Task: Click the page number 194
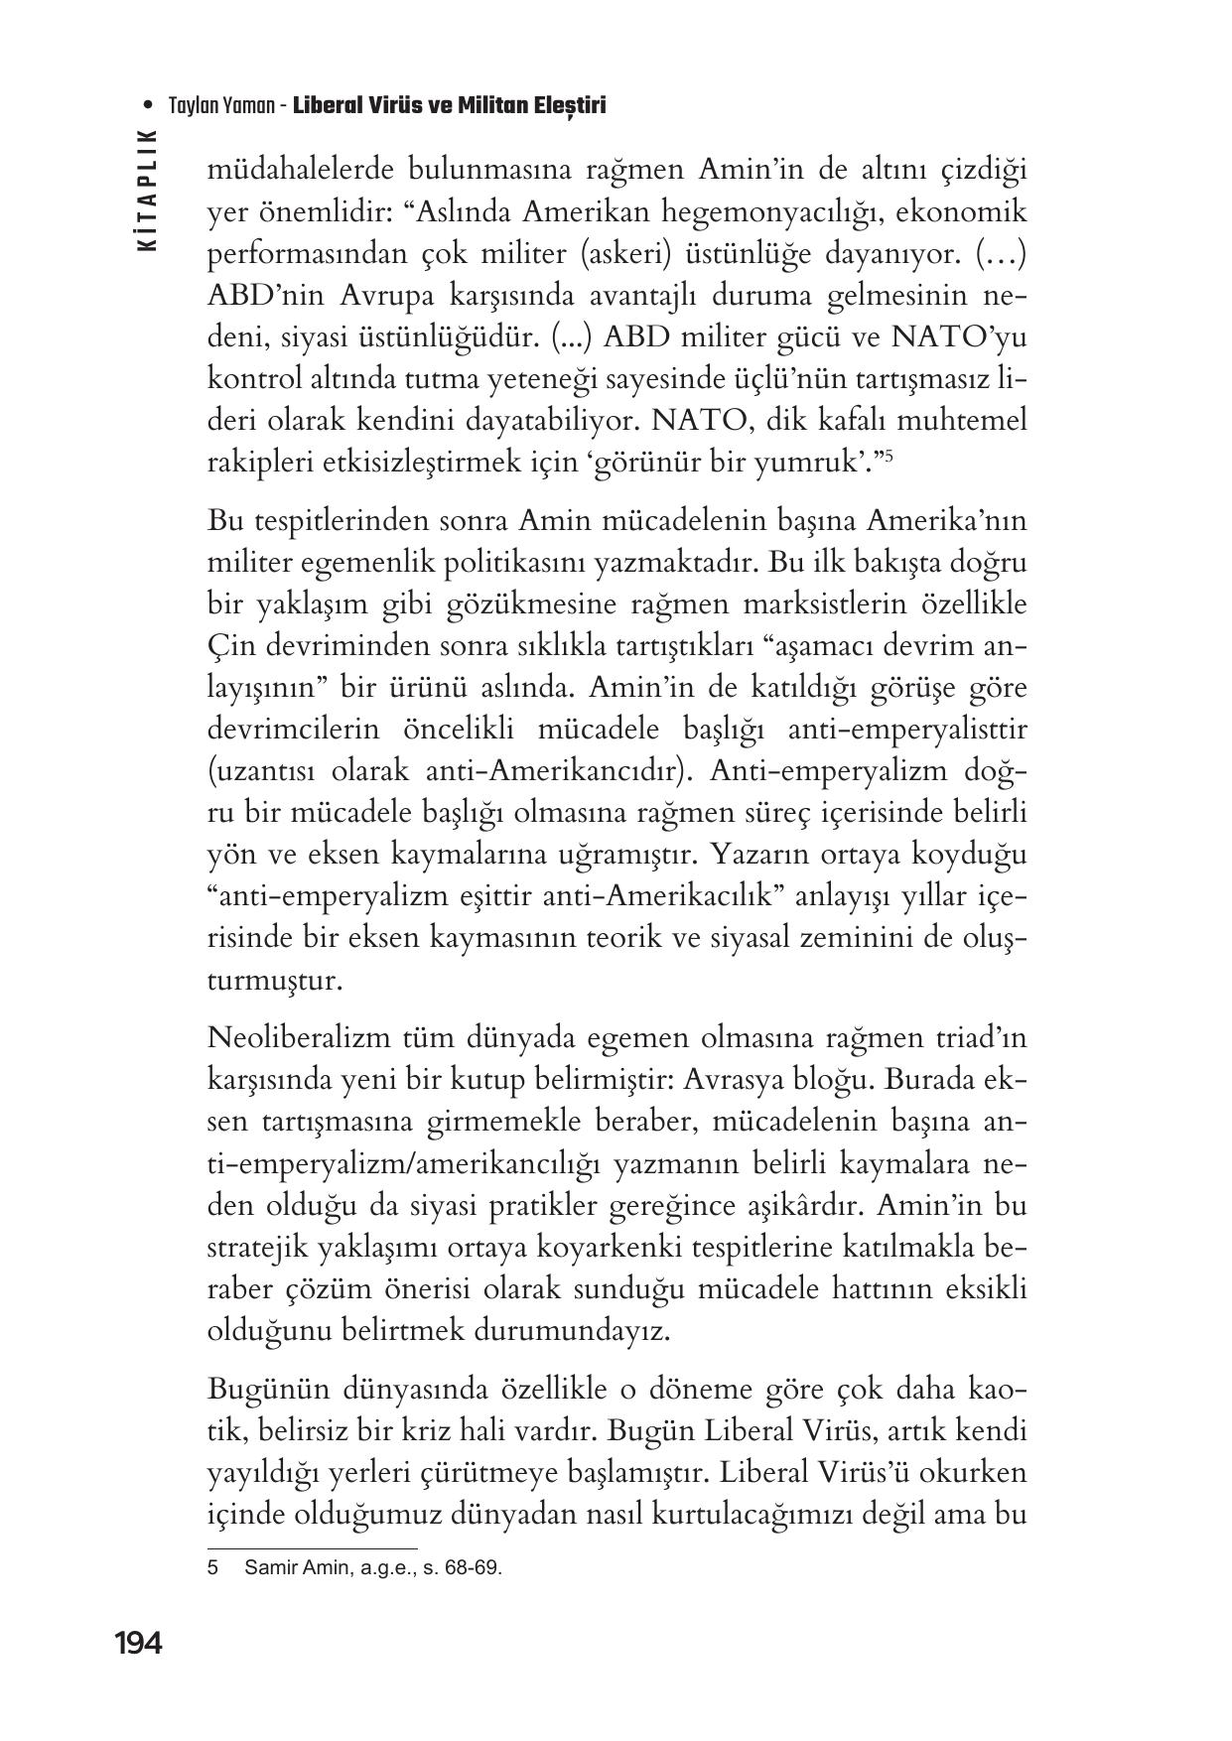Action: (138, 1644)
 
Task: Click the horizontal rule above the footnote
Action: (312, 1547)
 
